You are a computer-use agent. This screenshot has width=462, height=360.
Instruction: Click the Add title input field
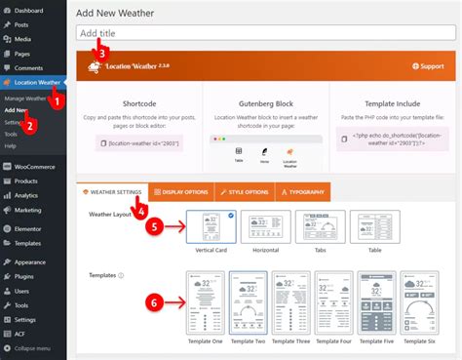click(x=263, y=33)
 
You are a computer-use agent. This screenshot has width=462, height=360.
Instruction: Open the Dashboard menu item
click(x=28, y=10)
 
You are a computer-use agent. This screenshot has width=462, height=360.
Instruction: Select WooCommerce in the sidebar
click(x=33, y=167)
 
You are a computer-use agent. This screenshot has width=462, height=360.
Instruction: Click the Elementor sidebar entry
click(x=30, y=228)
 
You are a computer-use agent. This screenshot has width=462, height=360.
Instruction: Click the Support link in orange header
click(x=429, y=67)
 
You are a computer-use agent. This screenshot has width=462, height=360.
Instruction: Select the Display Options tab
click(x=184, y=191)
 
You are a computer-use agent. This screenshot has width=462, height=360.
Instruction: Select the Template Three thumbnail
click(x=289, y=302)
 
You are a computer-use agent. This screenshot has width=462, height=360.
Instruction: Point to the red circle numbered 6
click(x=153, y=303)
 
